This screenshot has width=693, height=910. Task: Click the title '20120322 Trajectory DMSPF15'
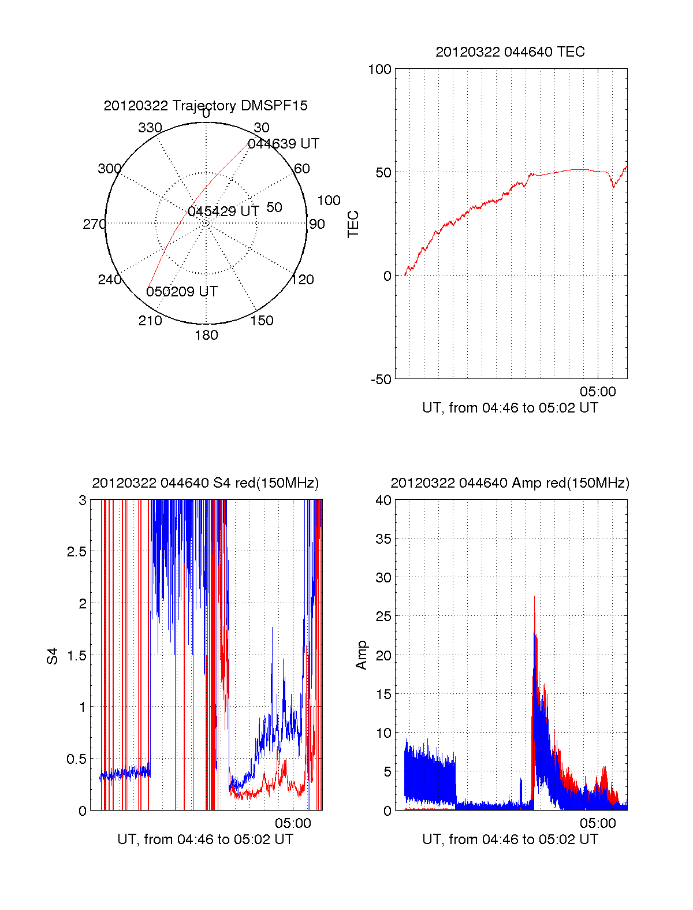[206, 106]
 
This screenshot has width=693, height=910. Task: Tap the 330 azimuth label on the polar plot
[150, 128]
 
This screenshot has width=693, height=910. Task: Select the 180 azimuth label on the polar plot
[206, 335]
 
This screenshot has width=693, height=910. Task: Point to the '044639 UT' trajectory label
[283, 144]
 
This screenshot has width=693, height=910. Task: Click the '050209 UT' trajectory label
[182, 292]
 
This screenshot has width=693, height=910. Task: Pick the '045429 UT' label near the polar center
[223, 211]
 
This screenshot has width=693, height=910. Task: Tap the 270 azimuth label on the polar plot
[94, 224]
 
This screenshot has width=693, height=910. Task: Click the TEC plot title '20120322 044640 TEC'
[510, 52]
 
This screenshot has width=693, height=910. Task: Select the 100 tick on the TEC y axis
[379, 69]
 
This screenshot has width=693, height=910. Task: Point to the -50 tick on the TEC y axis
[381, 380]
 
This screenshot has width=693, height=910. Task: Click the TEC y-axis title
[353, 224]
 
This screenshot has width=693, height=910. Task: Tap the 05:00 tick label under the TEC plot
[598, 392]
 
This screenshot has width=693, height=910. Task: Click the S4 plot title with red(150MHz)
[205, 483]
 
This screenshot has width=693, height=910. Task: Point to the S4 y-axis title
[53, 656]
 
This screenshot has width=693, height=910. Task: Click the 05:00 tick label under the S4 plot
[293, 823]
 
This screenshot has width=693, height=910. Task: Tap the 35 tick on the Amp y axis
[383, 539]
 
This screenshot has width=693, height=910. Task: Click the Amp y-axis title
[362, 655]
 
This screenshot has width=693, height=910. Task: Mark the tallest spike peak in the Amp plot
[534, 596]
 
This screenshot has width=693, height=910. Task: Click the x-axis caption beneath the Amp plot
[510, 840]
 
